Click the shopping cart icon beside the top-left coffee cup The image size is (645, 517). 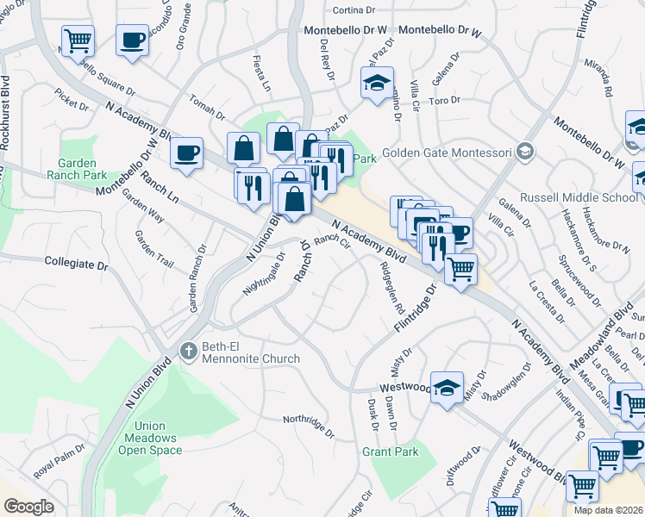coord(78,40)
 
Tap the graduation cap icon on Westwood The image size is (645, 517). coord(447,388)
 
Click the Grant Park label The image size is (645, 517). coord(390,452)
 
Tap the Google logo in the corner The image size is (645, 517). coord(29,507)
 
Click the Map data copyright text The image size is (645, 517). coord(608,510)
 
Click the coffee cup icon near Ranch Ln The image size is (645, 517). coord(186,153)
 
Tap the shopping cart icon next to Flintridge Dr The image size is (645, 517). coord(461,268)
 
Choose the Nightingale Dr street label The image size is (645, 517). coord(264,275)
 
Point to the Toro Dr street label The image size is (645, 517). coord(446,101)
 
